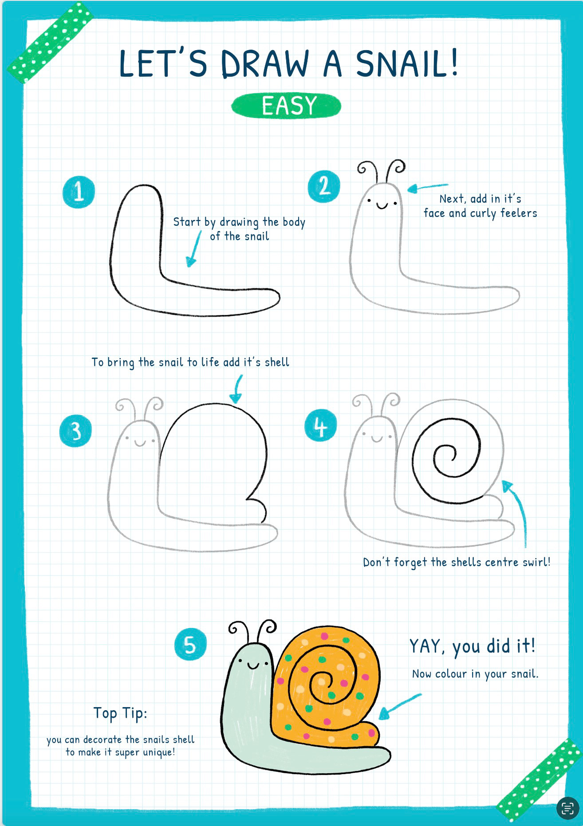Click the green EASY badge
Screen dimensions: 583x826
[x=286, y=106]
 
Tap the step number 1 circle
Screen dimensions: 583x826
[x=79, y=192]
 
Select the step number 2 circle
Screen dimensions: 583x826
[x=324, y=186]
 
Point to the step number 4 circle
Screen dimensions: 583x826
[x=320, y=427]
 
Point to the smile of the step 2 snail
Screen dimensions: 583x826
[x=382, y=205]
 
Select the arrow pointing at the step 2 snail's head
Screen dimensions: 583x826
[x=427, y=188]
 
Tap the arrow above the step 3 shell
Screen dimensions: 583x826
[x=236, y=389]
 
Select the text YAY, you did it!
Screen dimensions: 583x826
[x=473, y=646]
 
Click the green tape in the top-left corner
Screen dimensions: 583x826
[x=50, y=43]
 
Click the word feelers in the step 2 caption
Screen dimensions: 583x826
[x=519, y=213]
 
